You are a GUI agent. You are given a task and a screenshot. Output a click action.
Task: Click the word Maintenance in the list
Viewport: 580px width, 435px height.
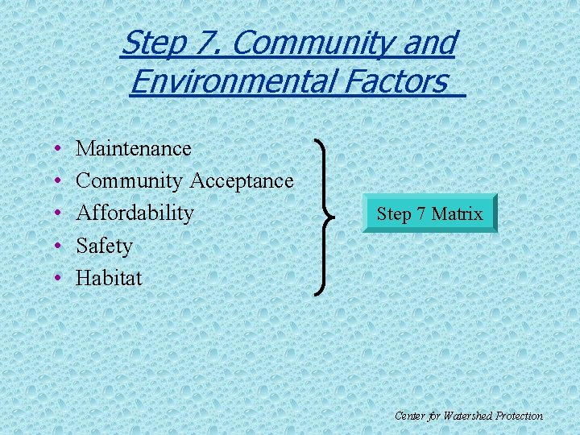(x=133, y=149)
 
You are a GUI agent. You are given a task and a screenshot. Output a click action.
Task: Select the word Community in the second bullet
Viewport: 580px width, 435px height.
(x=130, y=181)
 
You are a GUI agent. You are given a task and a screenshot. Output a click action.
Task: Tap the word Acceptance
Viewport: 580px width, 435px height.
(x=242, y=181)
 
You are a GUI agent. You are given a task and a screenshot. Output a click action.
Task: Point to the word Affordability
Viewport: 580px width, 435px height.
(x=135, y=213)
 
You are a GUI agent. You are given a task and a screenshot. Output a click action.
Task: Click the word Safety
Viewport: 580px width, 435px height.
(x=104, y=246)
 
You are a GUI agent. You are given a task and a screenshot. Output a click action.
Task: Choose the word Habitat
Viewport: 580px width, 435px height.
(x=109, y=278)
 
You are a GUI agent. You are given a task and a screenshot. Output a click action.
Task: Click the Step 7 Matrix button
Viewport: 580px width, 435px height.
(x=429, y=213)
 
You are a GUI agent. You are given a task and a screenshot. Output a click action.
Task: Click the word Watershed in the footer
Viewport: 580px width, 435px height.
(x=461, y=416)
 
